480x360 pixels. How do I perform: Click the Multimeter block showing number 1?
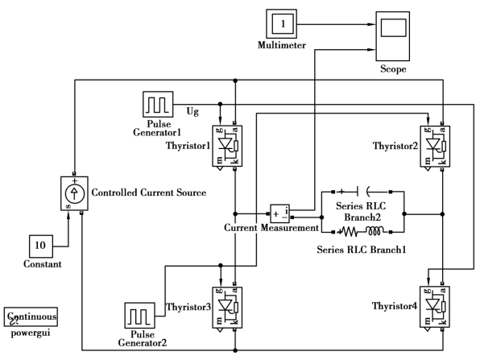point(281,24)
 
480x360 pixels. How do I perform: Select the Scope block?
point(393,36)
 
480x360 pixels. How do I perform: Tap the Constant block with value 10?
point(41,246)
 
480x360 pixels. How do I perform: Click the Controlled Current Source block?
point(74,193)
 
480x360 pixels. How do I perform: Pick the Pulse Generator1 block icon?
point(158,104)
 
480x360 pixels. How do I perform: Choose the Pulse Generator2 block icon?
point(139,316)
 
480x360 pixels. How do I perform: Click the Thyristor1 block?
point(227,146)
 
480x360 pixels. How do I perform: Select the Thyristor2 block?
point(435,147)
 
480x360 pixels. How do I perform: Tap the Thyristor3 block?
point(227,308)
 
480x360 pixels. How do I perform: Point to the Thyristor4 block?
point(435,307)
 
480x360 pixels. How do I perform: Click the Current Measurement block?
point(279,213)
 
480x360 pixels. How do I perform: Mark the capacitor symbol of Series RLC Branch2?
point(362,192)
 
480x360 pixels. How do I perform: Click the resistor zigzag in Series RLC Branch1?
point(350,232)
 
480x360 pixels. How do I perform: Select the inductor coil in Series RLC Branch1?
point(374,231)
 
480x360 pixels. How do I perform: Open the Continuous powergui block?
point(31,317)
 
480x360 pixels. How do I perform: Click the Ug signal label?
point(192,111)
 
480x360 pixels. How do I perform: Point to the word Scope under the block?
point(393,69)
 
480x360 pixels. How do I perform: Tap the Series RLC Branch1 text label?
point(362,250)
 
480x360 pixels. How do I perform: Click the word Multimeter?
point(282,45)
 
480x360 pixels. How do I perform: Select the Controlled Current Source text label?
point(149,192)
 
